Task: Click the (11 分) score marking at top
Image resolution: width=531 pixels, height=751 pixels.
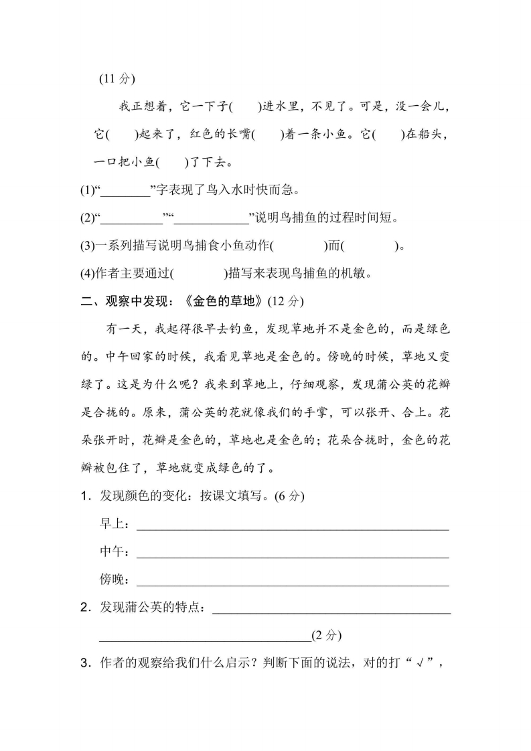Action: pos(117,78)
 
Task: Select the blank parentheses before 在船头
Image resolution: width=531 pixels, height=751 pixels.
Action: pos(388,135)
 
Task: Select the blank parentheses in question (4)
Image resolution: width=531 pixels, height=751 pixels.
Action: pos(200,273)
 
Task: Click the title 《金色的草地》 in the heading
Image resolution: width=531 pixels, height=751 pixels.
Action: pos(222,301)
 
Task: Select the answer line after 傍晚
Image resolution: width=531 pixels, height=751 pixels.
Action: pos(292,581)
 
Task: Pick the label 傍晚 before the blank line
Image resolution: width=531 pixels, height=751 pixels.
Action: pos(113,579)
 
